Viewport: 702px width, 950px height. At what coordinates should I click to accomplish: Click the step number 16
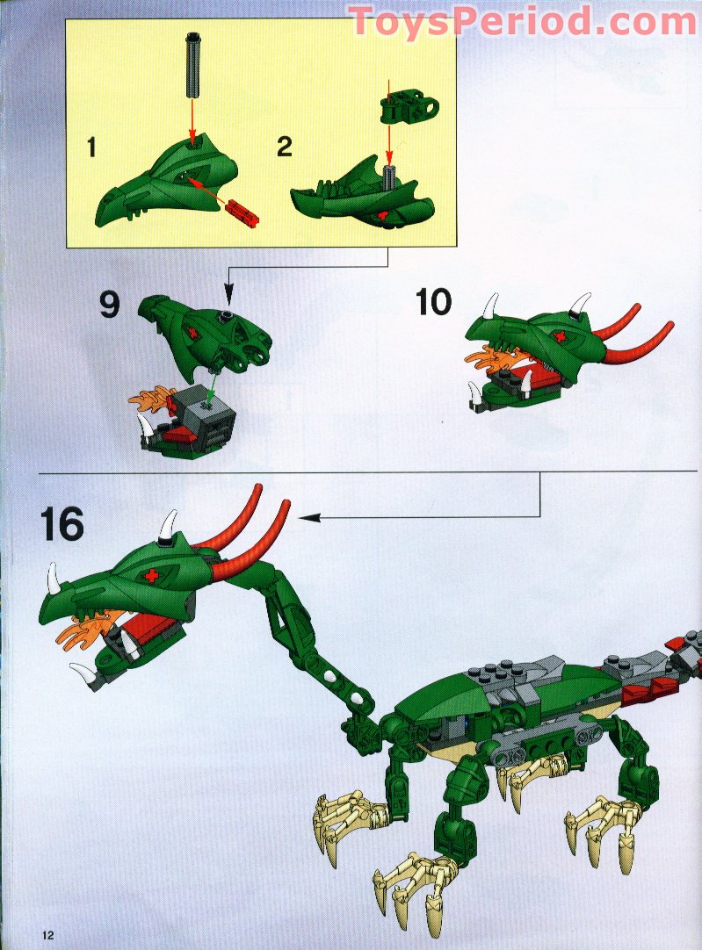click(x=62, y=525)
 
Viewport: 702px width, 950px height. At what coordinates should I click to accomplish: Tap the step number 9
click(x=110, y=305)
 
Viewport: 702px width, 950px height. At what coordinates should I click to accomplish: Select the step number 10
click(x=433, y=302)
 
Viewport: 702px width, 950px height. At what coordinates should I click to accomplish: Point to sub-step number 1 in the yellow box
click(x=91, y=148)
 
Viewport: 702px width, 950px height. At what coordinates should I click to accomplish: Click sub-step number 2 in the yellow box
click(x=285, y=147)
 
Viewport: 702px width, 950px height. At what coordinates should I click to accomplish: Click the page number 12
click(x=48, y=933)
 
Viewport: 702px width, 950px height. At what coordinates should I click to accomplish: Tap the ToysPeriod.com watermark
click(x=523, y=21)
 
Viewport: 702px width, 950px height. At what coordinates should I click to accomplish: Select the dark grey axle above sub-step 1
click(x=192, y=64)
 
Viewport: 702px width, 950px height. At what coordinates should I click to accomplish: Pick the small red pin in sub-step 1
click(x=242, y=213)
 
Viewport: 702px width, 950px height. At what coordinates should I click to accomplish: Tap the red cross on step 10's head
click(x=561, y=337)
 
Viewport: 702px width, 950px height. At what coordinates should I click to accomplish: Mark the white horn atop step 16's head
click(x=168, y=525)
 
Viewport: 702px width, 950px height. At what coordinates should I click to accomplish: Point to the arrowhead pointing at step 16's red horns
click(x=309, y=517)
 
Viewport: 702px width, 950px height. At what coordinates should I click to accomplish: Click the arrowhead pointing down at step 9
click(x=228, y=296)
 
